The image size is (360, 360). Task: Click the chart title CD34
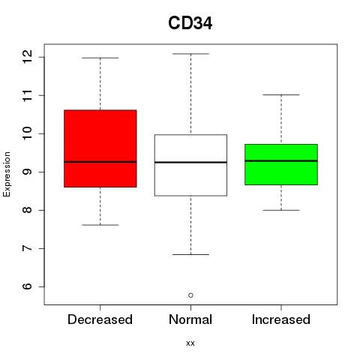(190, 23)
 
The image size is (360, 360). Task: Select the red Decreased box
(100, 148)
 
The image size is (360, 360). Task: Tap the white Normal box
(190, 165)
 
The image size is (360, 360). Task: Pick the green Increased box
(281, 164)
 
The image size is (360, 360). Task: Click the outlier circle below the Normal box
(190, 295)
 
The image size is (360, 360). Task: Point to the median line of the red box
(100, 162)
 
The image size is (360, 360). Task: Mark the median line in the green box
(281, 160)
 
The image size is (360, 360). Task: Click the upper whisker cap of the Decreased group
(100, 58)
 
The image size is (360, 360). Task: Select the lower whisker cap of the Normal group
(190, 254)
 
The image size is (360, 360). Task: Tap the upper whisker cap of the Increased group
(281, 94)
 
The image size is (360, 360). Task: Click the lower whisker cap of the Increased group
(281, 210)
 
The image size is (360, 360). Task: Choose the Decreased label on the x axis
(100, 319)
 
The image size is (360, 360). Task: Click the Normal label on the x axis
(190, 319)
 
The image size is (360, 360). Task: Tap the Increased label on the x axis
(281, 319)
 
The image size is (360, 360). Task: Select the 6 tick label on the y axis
(27, 286)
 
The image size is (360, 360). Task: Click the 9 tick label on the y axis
(27, 172)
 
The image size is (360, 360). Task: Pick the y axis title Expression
(7, 174)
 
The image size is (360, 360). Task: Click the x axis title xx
(190, 343)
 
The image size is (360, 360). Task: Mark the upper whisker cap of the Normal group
(190, 54)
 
